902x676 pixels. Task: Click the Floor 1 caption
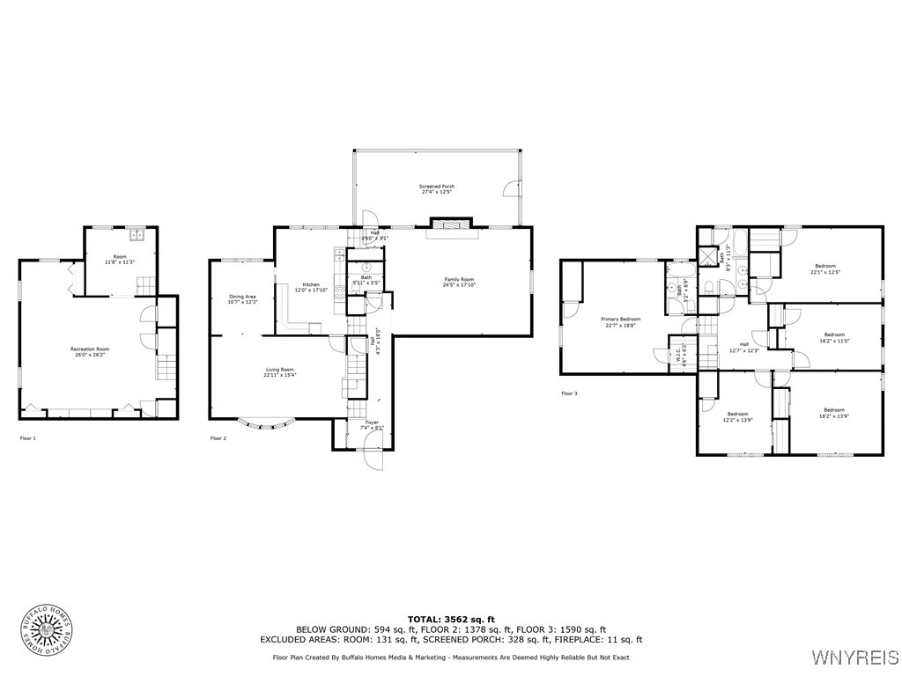29,437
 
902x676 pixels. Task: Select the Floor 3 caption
570,393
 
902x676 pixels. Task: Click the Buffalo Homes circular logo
46,630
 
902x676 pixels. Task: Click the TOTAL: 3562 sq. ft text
451,620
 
